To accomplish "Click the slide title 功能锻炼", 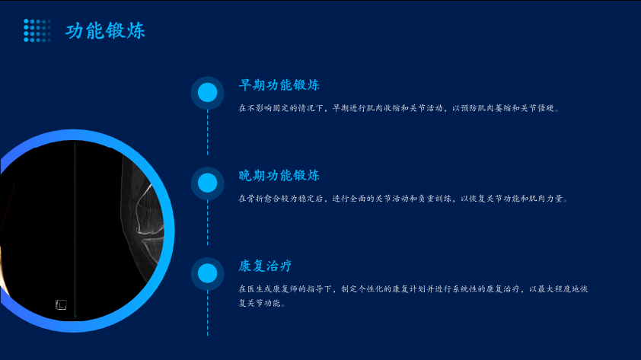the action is [x=105, y=30].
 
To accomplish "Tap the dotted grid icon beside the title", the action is [x=37, y=30].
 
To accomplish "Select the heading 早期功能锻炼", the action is [x=279, y=85].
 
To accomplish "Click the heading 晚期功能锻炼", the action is [x=279, y=175].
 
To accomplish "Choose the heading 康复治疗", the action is [x=266, y=266].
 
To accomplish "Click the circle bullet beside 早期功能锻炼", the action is [x=207, y=93].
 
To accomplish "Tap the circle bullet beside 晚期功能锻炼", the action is [x=207, y=183].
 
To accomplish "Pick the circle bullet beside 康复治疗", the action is [x=207, y=273].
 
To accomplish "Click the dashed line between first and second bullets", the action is [x=207, y=132].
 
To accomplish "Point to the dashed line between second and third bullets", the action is [x=207, y=223].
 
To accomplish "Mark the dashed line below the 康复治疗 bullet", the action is [x=207, y=314].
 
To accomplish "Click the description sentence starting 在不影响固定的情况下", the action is [x=399, y=108].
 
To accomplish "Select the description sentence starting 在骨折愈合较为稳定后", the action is [x=403, y=199].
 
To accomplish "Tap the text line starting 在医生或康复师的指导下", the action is [x=413, y=289].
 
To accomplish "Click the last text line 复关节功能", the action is [x=262, y=303].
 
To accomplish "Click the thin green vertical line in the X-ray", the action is [x=75, y=229].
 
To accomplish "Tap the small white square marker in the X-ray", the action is [x=61, y=304].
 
